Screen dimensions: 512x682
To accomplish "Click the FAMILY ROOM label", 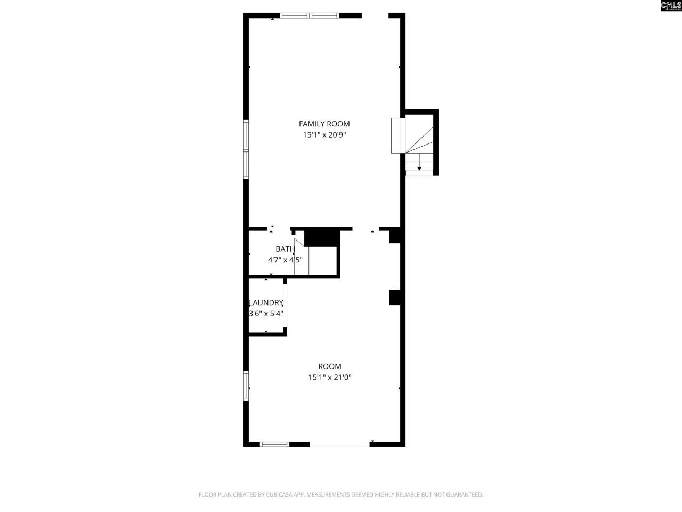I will click(x=324, y=124).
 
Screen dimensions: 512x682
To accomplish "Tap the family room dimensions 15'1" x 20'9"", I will click(x=324, y=135).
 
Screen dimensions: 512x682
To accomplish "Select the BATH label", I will click(x=285, y=249).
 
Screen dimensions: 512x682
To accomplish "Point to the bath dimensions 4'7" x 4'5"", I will click(x=285, y=260).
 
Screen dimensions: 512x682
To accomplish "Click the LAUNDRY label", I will click(x=266, y=302).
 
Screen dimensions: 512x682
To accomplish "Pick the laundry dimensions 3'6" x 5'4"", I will click(x=266, y=314).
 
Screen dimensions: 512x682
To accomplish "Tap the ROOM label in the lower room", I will click(x=330, y=366).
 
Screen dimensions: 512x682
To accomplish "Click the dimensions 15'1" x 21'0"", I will click(x=330, y=378).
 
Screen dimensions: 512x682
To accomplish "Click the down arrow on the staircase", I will click(x=419, y=167).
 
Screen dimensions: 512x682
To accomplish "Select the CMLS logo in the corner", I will click(x=670, y=6).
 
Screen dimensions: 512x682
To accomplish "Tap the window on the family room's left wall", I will click(x=246, y=149).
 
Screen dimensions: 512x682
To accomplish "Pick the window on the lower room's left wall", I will click(x=246, y=386).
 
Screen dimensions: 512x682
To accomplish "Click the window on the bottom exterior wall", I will click(x=275, y=444).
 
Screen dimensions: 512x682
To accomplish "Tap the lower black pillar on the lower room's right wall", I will click(x=395, y=298).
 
